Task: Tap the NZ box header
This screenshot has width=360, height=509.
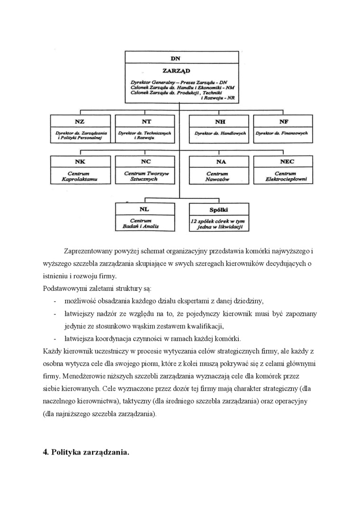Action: click(x=80, y=122)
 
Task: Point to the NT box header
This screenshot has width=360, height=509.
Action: click(x=146, y=122)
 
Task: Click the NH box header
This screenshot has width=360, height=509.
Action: click(x=220, y=122)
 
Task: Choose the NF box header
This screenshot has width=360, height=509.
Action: click(x=284, y=122)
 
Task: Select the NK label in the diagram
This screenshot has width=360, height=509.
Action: click(x=80, y=162)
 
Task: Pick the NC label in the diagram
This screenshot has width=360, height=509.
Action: click(x=146, y=162)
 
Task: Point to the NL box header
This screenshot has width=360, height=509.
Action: click(x=145, y=209)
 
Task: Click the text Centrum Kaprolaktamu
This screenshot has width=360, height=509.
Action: click(x=80, y=177)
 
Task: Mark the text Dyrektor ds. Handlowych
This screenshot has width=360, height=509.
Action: click(x=220, y=134)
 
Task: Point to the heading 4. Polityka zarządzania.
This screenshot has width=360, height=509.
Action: click(x=86, y=452)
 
